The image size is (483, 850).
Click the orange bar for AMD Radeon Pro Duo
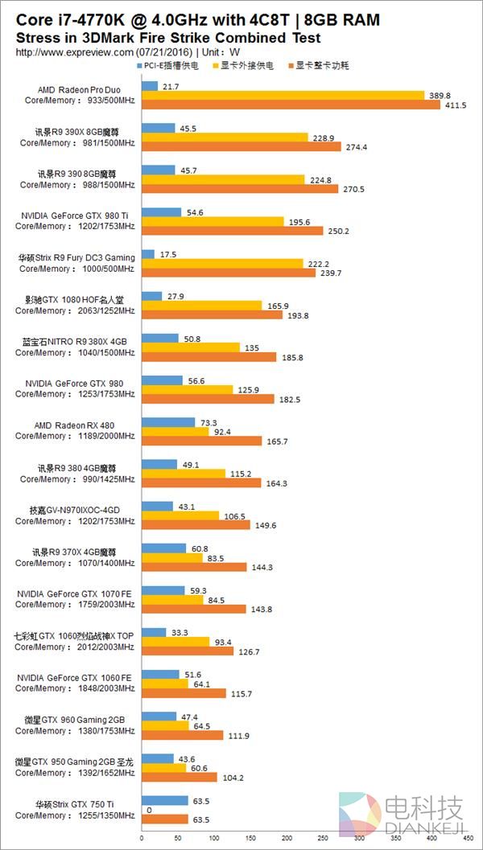[291, 105]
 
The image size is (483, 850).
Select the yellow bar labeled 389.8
[283, 96]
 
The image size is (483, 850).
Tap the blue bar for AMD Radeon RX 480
[168, 422]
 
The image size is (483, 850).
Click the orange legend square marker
[291, 65]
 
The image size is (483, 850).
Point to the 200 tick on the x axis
[286, 840]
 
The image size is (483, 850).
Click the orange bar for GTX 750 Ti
[164, 819]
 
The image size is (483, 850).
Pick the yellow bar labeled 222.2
[222, 264]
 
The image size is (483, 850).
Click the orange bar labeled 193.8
[212, 314]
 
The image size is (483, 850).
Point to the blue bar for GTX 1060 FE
[160, 675]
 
